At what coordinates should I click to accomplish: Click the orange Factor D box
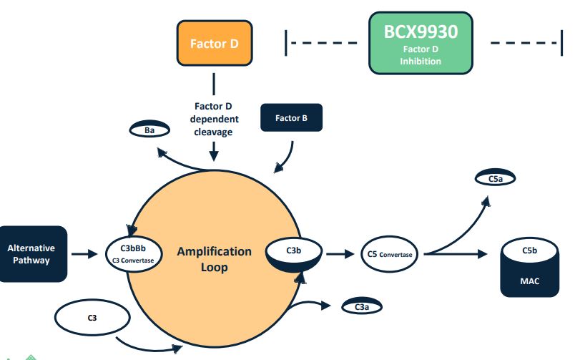pos(215,43)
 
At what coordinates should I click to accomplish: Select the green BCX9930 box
pos(421,43)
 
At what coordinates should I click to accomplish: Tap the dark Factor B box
pos(292,118)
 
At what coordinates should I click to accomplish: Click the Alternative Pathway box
pos(33,254)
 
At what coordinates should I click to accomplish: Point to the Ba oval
pos(149,129)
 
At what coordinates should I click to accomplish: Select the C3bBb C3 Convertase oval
pos(134,254)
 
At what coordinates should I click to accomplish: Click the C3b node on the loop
pos(294,254)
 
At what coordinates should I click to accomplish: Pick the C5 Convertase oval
pos(390,254)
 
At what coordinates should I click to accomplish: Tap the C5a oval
pos(495,178)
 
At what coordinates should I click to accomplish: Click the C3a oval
pos(362,306)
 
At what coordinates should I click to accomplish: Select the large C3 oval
pos(92,318)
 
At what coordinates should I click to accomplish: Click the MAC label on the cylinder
pos(529,281)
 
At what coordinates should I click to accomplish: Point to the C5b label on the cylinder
pos(529,250)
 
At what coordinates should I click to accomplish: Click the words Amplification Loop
pos(215,259)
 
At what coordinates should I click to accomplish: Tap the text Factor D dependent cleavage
pos(214,119)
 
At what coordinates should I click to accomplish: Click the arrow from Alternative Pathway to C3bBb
pos(84,254)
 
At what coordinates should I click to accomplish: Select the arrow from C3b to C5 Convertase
pos(340,254)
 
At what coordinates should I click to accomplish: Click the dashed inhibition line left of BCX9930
pos(321,43)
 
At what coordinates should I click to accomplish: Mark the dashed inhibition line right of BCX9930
pos(526,43)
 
